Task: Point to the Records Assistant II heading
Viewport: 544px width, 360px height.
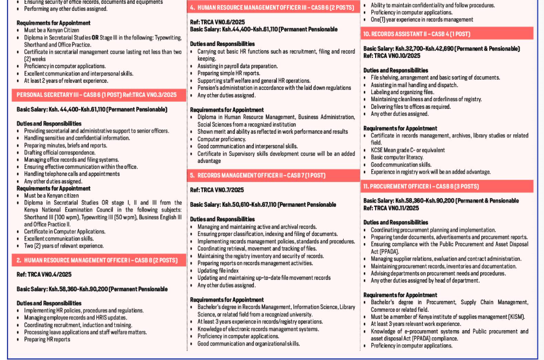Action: point(416,34)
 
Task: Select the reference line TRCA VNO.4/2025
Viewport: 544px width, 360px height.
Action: point(44,275)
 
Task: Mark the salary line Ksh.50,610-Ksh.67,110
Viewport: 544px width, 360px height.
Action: point(263,205)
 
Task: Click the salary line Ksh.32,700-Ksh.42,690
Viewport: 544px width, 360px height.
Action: point(441,49)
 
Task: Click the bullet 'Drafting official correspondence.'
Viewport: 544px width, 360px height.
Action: point(60,153)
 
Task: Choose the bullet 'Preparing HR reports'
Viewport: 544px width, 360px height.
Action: point(47,339)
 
